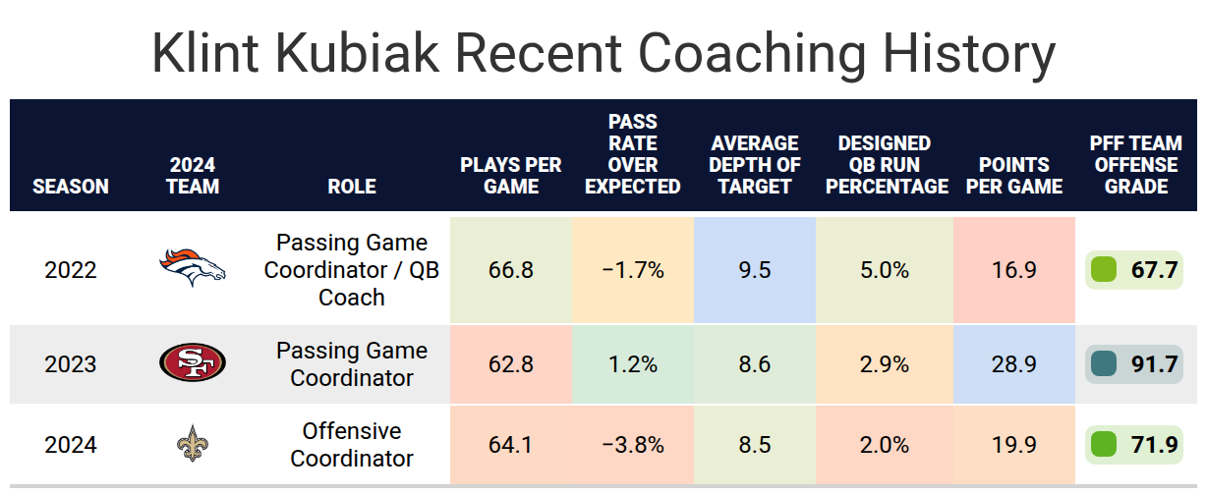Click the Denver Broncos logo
coord(193,268)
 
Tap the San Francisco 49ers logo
coord(193,362)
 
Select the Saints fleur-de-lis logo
coord(193,443)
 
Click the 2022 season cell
coord(71,270)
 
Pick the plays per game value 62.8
coord(511,364)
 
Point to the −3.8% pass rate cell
coord(633,446)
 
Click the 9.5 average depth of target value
coord(755,270)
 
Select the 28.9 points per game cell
coord(1014,364)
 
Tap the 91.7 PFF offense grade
coord(1154,364)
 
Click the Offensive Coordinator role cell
coord(352,445)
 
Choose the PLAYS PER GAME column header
coord(511,176)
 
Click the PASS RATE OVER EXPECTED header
coord(633,154)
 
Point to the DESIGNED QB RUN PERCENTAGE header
coord(887,165)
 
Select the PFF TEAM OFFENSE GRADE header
coord(1136,165)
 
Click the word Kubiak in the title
coord(357,53)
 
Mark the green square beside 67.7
coord(1104,270)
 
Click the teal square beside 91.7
coord(1104,364)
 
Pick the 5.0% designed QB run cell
coord(885,270)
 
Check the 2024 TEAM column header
coord(193,176)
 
